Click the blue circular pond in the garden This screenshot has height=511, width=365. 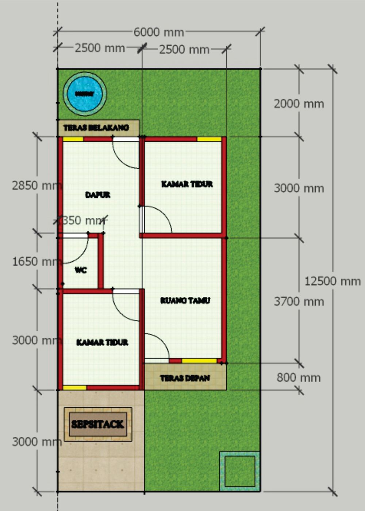85,94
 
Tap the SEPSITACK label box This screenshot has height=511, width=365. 98,424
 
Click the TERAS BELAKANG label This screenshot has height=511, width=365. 96,128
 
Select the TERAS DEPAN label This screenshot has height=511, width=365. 185,378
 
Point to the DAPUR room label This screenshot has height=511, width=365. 98,195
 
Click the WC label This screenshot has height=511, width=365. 81,270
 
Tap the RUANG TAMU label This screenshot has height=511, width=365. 185,300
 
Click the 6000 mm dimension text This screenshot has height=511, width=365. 158,32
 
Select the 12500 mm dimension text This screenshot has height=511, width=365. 333,281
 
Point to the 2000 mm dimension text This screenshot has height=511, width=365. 299,104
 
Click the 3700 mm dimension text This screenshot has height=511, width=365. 299,302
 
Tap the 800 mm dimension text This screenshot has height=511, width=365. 299,378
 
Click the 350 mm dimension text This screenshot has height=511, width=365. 84,220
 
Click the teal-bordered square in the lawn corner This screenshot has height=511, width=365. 239,471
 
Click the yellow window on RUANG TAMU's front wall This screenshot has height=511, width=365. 199,361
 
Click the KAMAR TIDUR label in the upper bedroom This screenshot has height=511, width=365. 187,184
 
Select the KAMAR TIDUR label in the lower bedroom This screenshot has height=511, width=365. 102,342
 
